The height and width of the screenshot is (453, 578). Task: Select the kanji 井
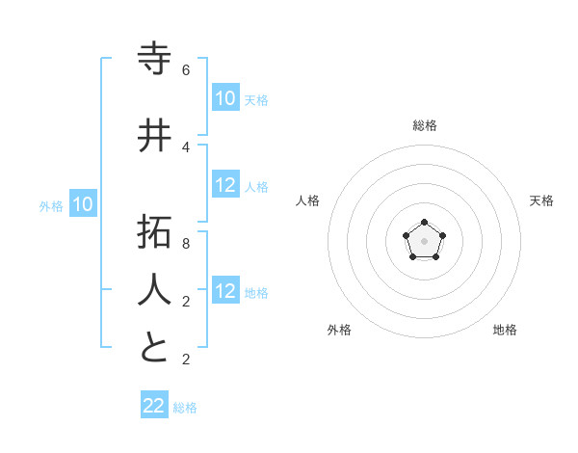[x=155, y=135]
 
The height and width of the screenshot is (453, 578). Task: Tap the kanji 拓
[x=155, y=233]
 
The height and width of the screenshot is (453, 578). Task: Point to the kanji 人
[x=155, y=288]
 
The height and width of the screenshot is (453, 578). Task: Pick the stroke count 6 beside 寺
[x=186, y=70]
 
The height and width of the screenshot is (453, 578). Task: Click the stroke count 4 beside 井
[x=186, y=147]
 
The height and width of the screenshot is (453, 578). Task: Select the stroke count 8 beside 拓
[x=186, y=245]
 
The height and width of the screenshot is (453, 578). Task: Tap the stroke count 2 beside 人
[x=186, y=302]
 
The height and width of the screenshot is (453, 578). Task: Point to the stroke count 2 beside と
[x=186, y=360]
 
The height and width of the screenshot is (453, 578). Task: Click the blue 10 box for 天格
[x=224, y=98]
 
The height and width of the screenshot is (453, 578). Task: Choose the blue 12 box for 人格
[x=224, y=186]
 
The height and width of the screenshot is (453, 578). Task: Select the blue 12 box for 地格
[x=224, y=291]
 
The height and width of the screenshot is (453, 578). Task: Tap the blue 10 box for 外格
[x=83, y=204]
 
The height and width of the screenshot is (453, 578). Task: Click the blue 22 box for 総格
[x=154, y=406]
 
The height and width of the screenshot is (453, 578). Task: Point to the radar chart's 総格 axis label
[x=425, y=125]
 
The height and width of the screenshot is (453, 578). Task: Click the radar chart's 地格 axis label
[x=505, y=330]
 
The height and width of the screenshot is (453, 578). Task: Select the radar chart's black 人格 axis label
[x=308, y=200]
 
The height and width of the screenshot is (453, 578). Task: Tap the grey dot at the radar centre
[x=424, y=240]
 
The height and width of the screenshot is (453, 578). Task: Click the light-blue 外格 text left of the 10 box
[x=51, y=205]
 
